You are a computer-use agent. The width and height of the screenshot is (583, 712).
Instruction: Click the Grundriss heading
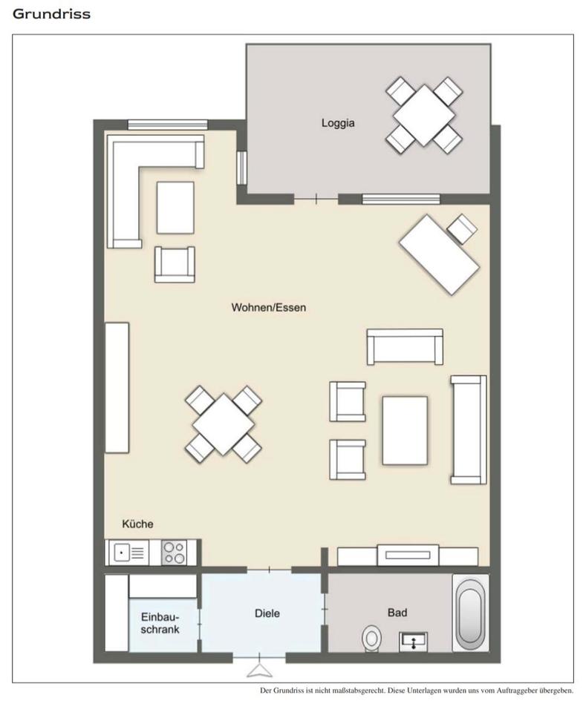[x=51, y=14]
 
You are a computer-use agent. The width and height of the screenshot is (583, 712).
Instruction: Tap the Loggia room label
[x=338, y=123]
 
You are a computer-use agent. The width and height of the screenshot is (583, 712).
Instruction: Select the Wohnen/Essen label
[x=268, y=307]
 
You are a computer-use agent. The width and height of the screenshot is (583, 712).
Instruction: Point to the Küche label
[x=137, y=524]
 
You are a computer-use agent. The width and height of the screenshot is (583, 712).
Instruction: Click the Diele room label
[x=267, y=613]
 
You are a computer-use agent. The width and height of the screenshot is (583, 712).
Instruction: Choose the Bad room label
[x=397, y=613]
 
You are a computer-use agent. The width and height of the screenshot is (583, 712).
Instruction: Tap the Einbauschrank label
[x=160, y=623]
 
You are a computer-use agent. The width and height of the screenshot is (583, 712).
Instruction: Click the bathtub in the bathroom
[x=470, y=613]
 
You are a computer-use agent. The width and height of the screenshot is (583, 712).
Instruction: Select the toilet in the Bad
[x=372, y=639]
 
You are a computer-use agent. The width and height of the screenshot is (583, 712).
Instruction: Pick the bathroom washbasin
[x=413, y=642]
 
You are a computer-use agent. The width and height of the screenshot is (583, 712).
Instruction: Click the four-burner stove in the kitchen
[x=175, y=552]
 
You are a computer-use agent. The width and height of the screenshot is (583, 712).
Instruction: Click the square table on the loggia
[x=424, y=116]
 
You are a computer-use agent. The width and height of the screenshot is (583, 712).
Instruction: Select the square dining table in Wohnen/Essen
[x=223, y=424]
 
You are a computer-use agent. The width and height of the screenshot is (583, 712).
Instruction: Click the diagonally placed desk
[x=440, y=254]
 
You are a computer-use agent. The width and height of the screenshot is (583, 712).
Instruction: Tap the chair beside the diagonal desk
[x=463, y=229]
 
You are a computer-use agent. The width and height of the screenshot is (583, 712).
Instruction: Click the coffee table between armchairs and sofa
[x=405, y=430]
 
